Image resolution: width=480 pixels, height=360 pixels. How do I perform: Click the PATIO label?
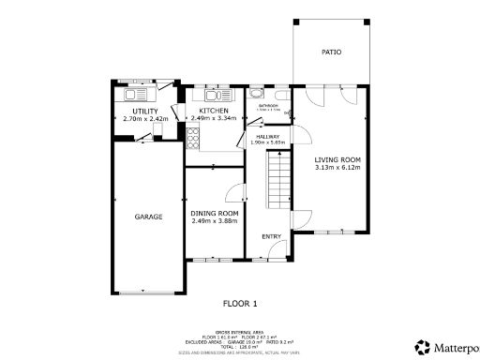(x=331, y=52)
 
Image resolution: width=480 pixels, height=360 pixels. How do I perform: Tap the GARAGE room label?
(x=148, y=217)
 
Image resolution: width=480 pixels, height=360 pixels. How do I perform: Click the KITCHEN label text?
(x=214, y=111)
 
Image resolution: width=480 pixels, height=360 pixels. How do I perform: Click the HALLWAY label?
(x=269, y=136)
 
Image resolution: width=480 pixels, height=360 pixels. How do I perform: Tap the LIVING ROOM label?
(x=337, y=159)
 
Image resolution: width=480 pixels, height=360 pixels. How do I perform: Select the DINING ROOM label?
(x=214, y=213)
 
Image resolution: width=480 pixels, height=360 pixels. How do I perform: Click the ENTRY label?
(x=271, y=236)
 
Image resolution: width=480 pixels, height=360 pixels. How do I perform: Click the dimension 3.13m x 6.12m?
(x=337, y=167)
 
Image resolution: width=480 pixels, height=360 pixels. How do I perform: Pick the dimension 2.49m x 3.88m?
(x=214, y=220)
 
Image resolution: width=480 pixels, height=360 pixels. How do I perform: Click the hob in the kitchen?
(x=194, y=140)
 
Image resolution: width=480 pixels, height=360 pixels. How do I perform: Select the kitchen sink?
(x=214, y=95)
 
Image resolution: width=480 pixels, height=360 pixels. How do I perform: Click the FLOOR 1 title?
(x=239, y=303)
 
